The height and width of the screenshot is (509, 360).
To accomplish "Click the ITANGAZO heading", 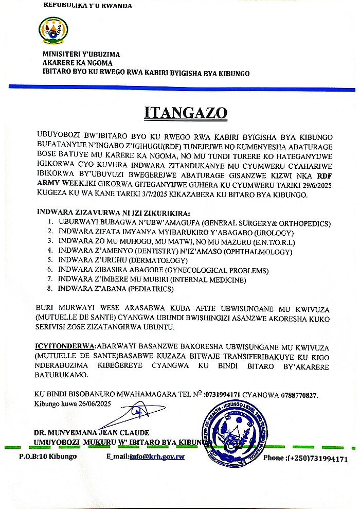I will (180, 112).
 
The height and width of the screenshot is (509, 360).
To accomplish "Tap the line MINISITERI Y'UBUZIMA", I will (81, 54).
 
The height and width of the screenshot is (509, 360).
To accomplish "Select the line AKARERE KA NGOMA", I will (78, 63).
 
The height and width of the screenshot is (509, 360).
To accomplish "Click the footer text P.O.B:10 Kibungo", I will (48, 457).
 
